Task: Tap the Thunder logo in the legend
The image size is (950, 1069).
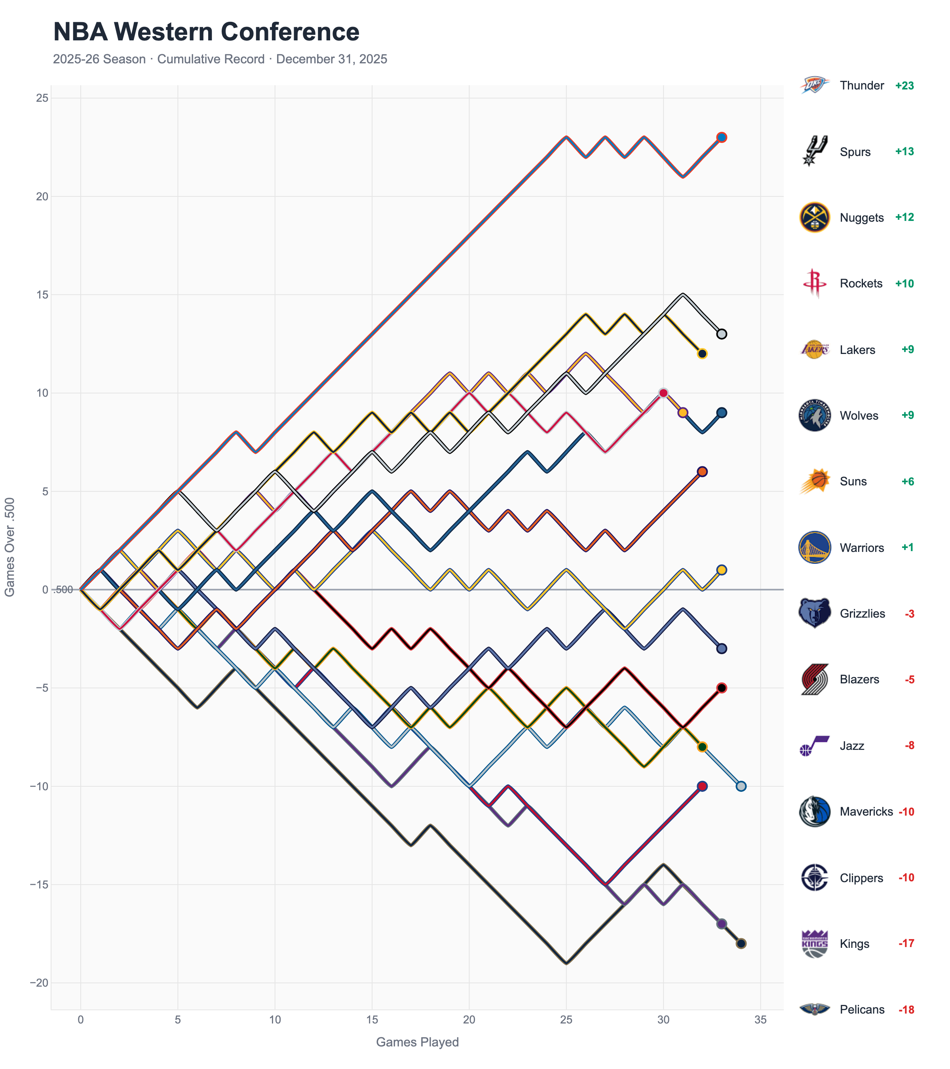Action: point(814,85)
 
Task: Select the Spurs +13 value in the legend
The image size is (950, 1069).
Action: point(904,152)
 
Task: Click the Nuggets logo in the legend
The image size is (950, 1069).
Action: point(814,218)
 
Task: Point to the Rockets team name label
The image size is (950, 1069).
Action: point(861,283)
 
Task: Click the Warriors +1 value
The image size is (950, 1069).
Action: point(907,548)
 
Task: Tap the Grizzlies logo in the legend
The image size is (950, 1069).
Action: point(814,613)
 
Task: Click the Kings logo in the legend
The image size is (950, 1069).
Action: point(814,943)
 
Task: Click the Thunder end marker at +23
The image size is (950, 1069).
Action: point(722,137)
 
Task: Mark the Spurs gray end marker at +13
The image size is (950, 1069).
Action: point(722,334)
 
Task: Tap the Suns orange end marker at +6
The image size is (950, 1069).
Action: point(702,472)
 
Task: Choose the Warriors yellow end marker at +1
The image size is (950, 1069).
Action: point(722,570)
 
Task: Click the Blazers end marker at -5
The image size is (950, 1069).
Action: point(722,688)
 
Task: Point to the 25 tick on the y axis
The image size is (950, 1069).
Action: point(42,98)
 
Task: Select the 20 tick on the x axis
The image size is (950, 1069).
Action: point(469,1020)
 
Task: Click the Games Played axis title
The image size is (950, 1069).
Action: point(417,1042)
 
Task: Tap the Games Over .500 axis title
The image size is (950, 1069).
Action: point(9,546)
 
